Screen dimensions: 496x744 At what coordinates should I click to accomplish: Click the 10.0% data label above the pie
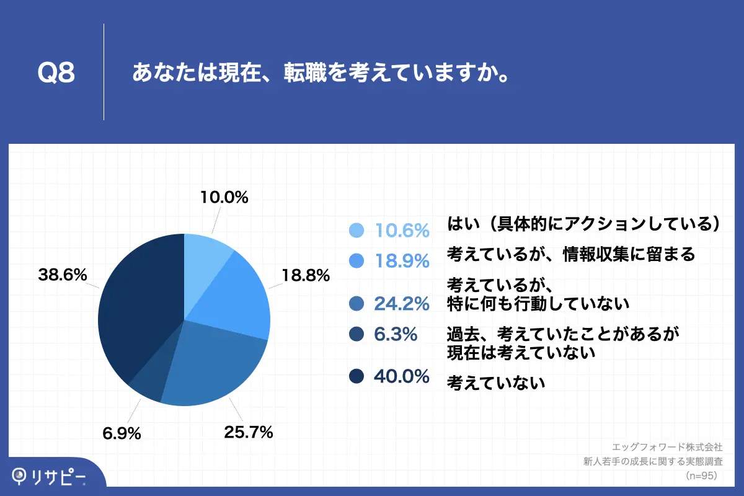224,198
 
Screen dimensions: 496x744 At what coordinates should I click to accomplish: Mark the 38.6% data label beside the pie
62,275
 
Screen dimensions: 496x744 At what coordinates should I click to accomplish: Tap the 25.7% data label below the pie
249,432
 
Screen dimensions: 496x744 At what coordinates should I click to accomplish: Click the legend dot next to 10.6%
356,231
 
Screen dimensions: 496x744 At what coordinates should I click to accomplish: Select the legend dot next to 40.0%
356,376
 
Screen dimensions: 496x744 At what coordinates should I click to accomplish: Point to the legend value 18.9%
402,261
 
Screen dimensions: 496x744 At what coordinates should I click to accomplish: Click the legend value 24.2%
402,304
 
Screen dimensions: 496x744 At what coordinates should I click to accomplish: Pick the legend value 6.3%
396,335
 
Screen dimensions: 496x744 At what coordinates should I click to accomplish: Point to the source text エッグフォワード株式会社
667,446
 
